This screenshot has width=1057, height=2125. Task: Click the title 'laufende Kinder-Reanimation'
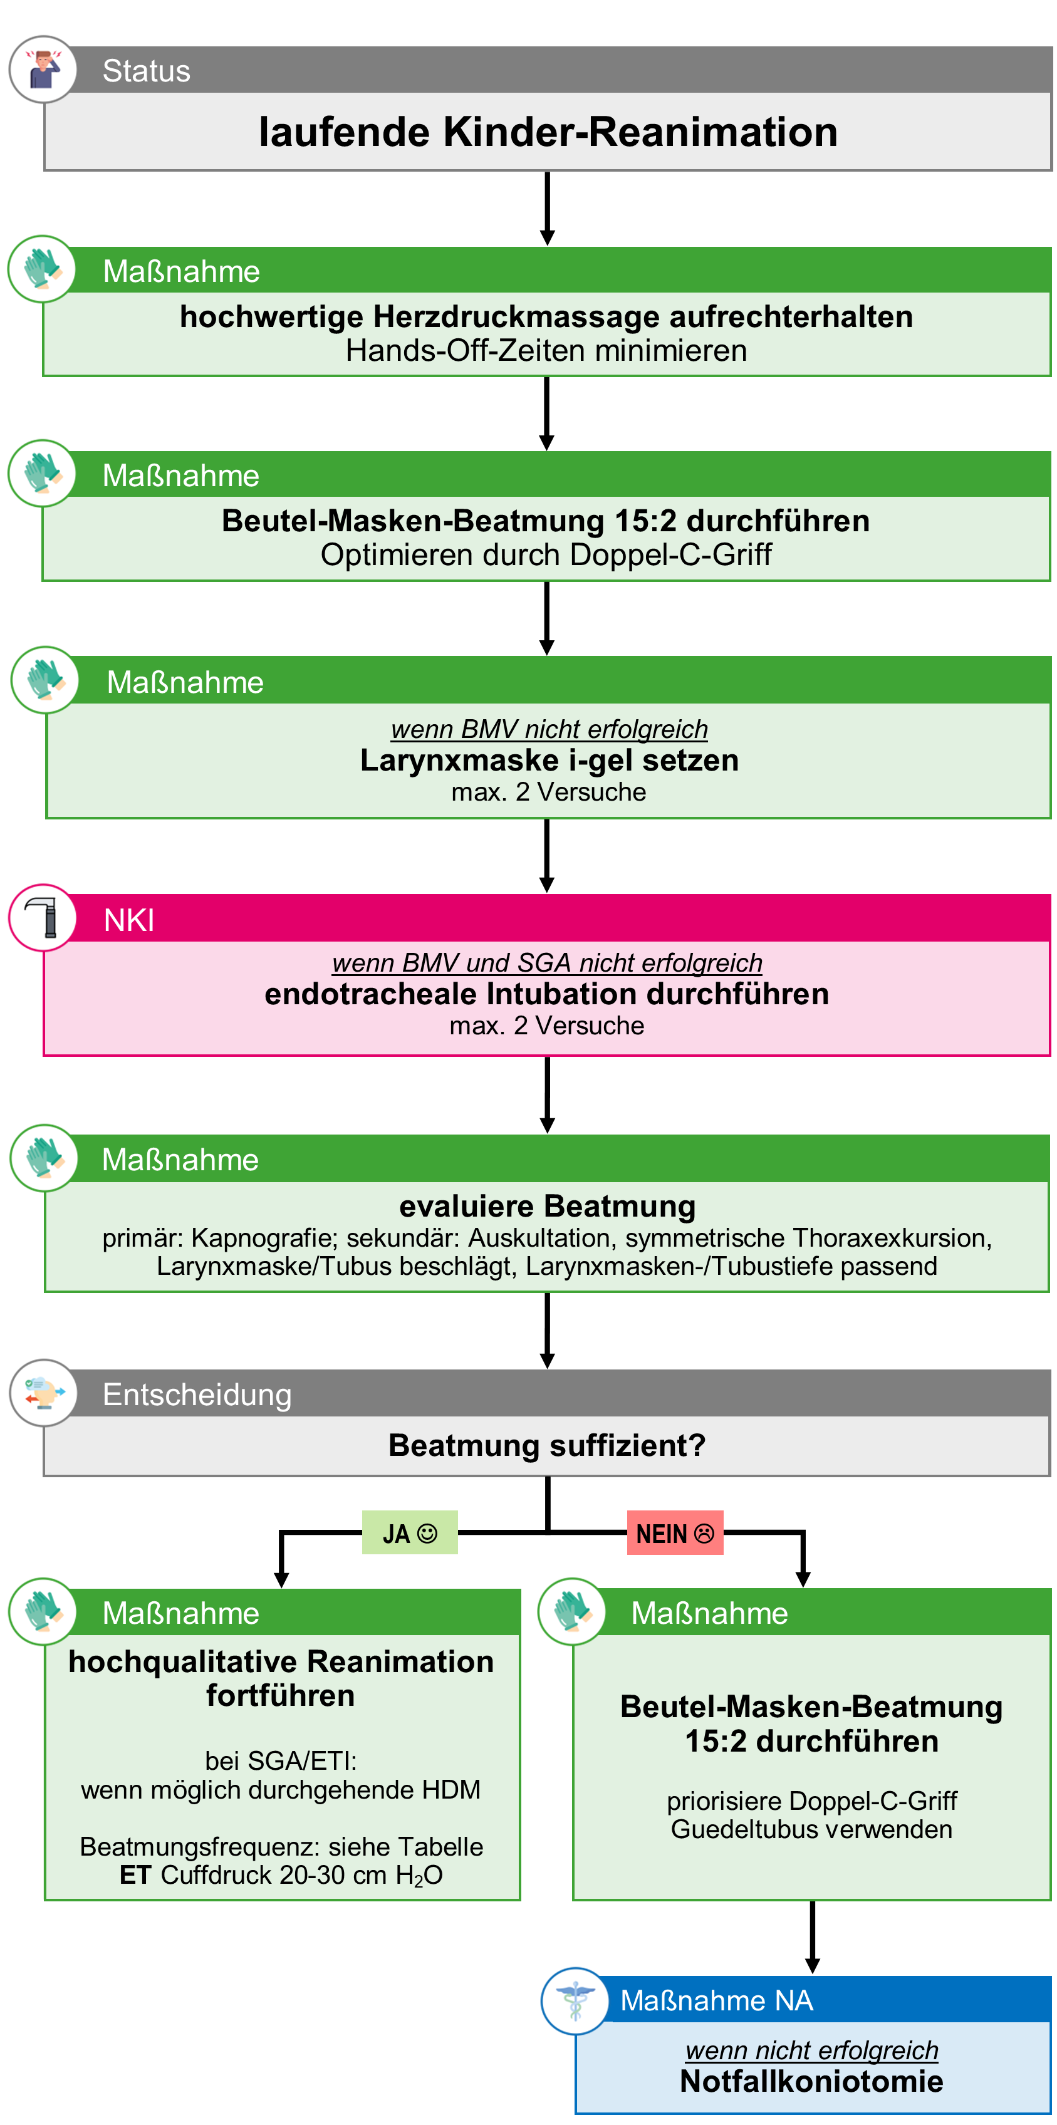547,132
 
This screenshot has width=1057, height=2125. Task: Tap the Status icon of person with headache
43,70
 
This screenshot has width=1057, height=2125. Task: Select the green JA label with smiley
409,1534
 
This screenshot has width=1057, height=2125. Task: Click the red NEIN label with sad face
674,1534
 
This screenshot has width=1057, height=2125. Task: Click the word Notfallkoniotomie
811,2082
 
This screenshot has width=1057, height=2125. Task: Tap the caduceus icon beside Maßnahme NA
575,2000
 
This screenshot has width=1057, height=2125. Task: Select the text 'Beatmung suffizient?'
546,1445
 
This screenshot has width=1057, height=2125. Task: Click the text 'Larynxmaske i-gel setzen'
549,760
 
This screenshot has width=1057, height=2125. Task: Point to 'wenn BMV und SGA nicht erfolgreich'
546,963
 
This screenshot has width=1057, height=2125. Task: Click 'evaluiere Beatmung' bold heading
547,1206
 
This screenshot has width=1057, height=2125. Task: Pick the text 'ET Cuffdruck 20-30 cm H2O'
281,1875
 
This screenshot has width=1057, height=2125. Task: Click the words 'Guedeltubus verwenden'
811,1830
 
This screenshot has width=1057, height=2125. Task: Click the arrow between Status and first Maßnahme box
546,208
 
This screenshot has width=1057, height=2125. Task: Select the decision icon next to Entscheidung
43,1393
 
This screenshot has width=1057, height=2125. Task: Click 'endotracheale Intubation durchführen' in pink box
546,994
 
